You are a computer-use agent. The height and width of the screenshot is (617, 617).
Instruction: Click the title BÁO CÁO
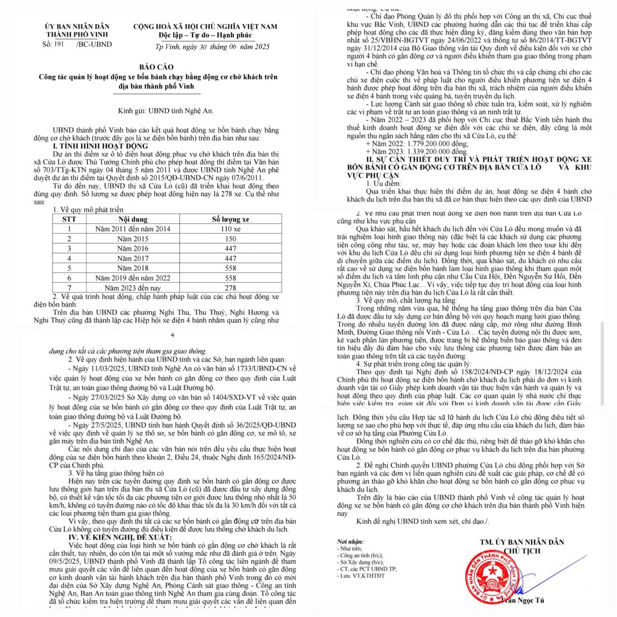pyautogui.click(x=156, y=67)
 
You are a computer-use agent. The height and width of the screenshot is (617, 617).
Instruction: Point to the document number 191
pyautogui.click(x=59, y=44)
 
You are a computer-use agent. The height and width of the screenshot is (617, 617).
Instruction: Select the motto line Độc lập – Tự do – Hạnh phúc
pyautogui.click(x=205, y=35)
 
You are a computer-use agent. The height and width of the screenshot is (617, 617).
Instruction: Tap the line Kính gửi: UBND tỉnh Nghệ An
pyautogui.click(x=165, y=111)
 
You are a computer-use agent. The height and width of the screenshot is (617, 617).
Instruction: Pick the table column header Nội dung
pyautogui.click(x=133, y=219)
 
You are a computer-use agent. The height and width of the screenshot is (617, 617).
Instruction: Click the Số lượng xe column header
pyautogui.click(x=230, y=219)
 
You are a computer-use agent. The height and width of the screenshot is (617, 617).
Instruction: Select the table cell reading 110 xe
pyautogui.click(x=230, y=229)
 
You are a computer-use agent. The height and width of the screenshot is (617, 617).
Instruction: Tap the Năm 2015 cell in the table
pyautogui.click(x=133, y=239)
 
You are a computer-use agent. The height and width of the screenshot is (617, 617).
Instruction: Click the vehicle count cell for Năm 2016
pyautogui.click(x=230, y=249)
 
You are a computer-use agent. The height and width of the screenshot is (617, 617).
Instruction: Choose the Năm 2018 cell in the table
pyautogui.click(x=133, y=268)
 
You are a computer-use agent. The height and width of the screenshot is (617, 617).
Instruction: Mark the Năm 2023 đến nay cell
pyautogui.click(x=133, y=288)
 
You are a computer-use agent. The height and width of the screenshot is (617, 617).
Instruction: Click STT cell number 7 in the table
pyautogui.click(x=69, y=288)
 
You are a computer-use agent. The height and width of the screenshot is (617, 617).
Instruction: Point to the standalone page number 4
pyautogui.click(x=173, y=335)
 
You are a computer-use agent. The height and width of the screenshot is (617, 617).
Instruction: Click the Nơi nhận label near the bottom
pyautogui.click(x=350, y=542)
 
